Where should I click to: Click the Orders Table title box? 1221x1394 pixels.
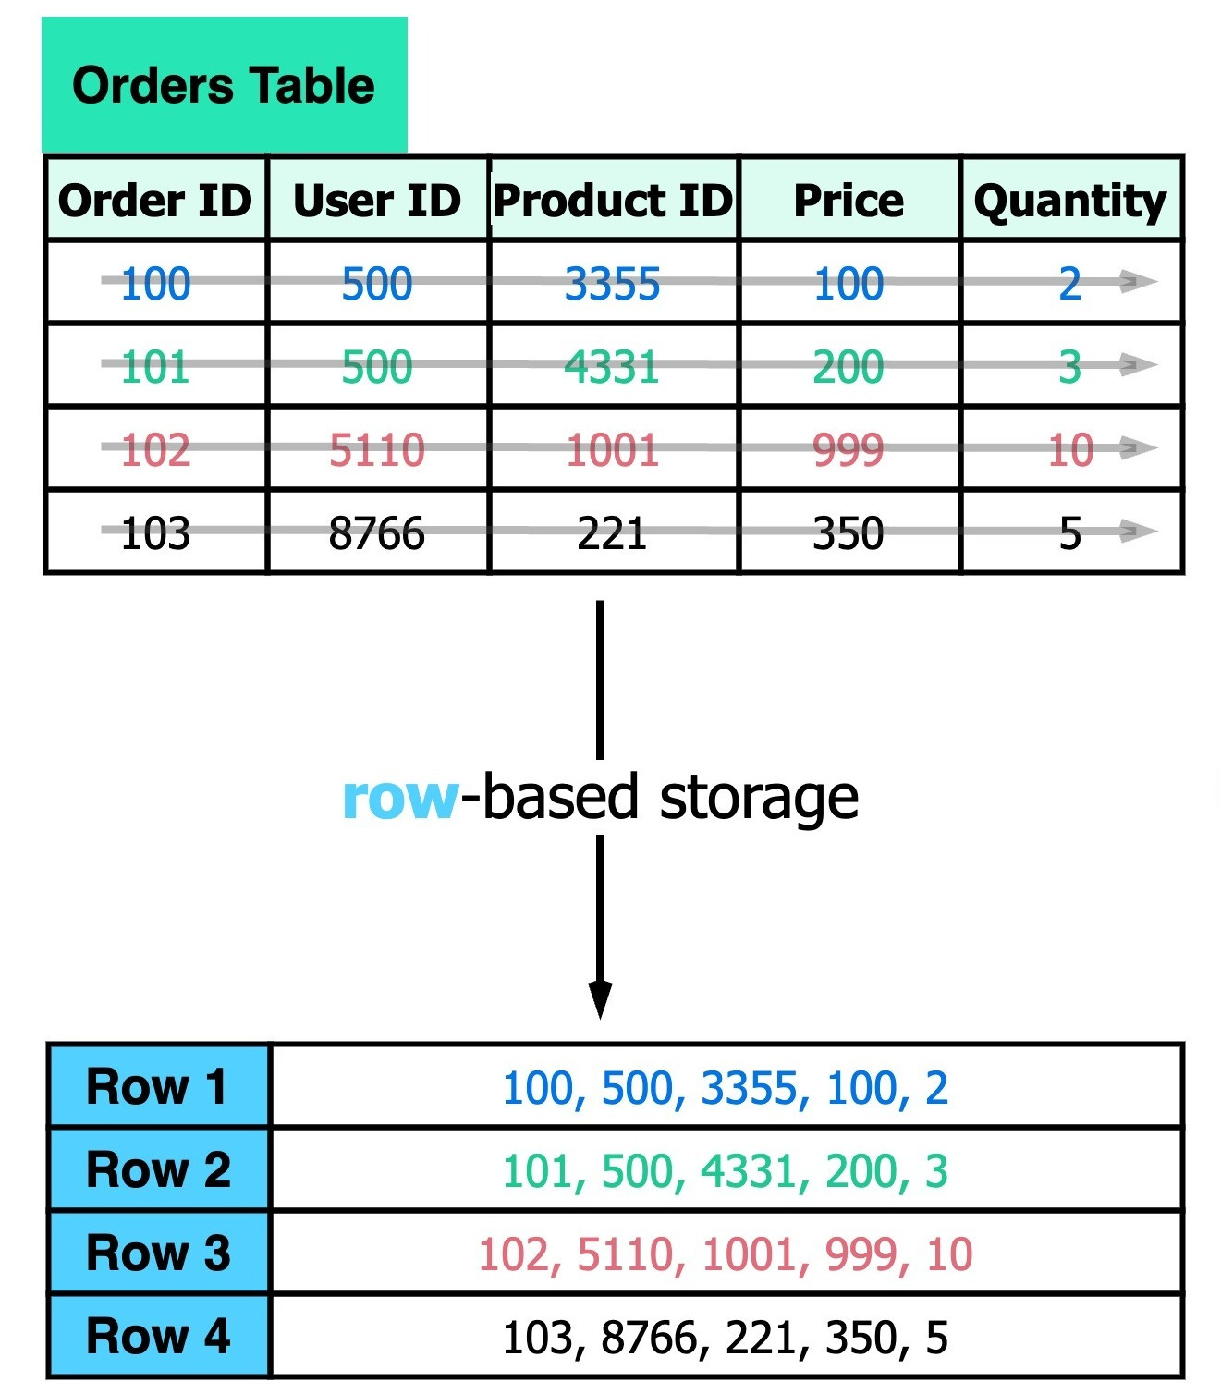[x=224, y=85]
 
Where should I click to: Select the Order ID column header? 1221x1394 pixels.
[x=155, y=200]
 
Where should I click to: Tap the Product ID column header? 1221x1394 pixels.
[x=613, y=200]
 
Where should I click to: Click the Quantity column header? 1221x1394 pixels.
[x=1070, y=200]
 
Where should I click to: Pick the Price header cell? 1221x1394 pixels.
[x=849, y=200]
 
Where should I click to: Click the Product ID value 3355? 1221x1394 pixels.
[x=613, y=283]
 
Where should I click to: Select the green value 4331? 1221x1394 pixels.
[x=612, y=366]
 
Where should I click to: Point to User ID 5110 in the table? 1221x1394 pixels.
[x=376, y=450]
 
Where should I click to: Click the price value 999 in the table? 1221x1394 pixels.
[x=849, y=450]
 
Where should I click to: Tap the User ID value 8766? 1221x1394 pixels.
[x=376, y=533]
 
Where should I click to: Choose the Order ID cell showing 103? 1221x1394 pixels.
[x=155, y=533]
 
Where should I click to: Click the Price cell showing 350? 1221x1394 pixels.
[x=849, y=533]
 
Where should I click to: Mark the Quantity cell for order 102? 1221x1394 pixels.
[x=1070, y=450]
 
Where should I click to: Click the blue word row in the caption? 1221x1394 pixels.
[x=399, y=797]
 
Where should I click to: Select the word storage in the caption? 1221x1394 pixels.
[x=759, y=797]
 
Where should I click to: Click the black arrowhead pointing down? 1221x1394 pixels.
[x=600, y=999]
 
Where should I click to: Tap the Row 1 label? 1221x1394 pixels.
[x=157, y=1086]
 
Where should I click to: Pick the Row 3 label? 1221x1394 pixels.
[x=157, y=1253]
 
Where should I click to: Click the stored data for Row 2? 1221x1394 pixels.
[x=726, y=1170]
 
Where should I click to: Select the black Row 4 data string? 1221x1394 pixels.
[x=726, y=1337]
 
